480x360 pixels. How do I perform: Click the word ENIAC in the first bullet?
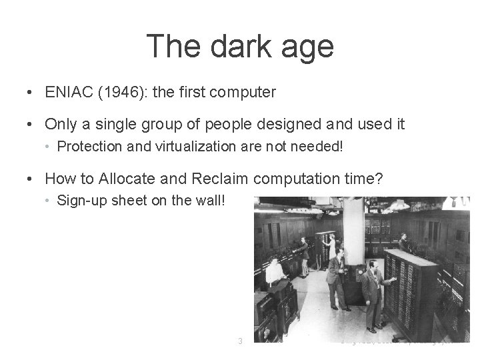click(x=66, y=93)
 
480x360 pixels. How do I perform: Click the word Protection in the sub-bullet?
click(x=88, y=147)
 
